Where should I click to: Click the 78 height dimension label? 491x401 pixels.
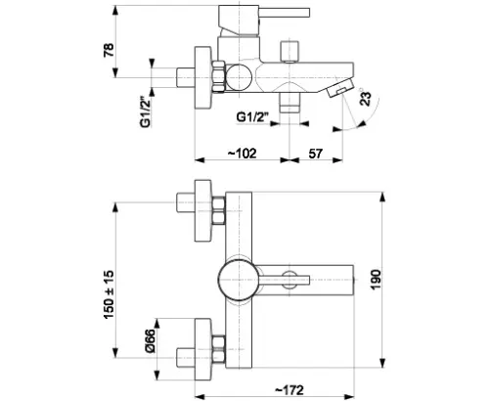pos(109,50)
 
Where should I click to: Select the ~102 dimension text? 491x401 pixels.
pos(242,154)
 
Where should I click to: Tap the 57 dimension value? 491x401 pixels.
pos(315,154)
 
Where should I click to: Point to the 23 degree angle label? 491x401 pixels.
pos(366,99)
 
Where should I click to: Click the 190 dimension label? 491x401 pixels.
pos(376,280)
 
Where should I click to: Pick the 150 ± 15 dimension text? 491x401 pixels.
pos(109,294)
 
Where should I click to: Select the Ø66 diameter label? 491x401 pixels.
pos(150,340)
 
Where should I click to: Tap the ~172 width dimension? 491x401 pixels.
pos(290,390)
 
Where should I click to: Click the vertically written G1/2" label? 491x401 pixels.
pos(146,111)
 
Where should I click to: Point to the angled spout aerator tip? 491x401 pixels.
pos(339,87)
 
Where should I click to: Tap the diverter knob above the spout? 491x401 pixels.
pos(290,51)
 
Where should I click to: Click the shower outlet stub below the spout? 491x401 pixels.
pos(290,103)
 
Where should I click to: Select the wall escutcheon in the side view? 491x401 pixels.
pos(202,78)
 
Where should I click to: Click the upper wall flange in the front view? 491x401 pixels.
pos(202,210)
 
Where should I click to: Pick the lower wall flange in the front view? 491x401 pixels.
pos(202,349)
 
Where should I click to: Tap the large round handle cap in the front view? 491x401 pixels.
pos(239,280)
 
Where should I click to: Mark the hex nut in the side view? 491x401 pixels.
pos(219,77)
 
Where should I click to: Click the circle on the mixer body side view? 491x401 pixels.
pos(240,77)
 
